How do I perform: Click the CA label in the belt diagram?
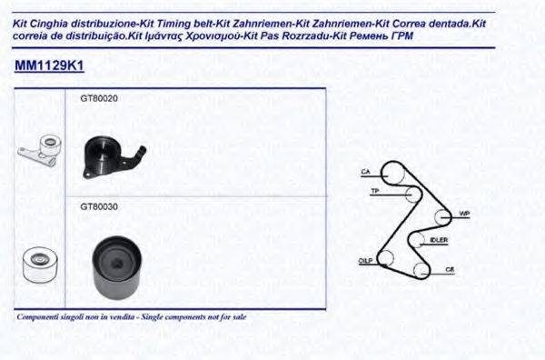[365, 171]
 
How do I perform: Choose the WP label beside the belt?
[463, 214]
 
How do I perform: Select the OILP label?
[365, 260]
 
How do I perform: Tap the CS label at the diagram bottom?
[449, 270]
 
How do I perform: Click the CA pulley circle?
[391, 172]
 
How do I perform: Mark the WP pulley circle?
[441, 217]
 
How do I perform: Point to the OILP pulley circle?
[386, 257]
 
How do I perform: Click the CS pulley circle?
[421, 269]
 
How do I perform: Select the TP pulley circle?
[412, 194]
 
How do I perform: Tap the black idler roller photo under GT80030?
[114, 263]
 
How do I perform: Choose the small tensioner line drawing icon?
[39, 151]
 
